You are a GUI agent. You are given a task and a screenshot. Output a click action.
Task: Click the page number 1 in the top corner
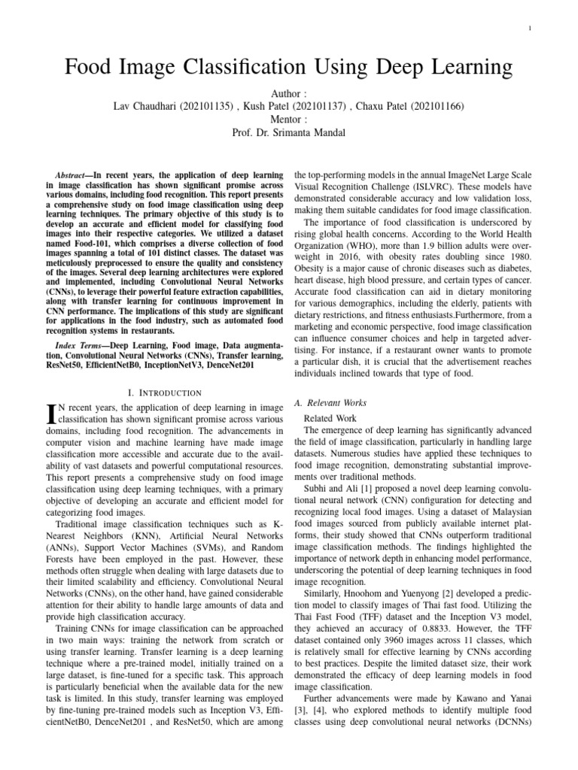pos(531,29)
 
